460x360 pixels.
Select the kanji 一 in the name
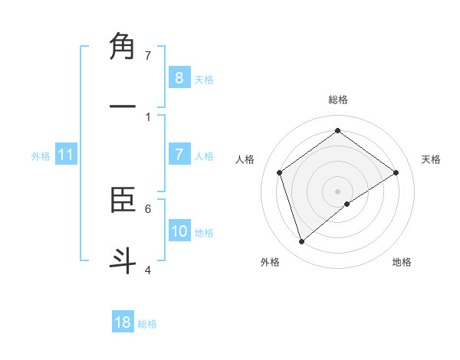(123, 107)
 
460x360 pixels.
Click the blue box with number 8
(179, 77)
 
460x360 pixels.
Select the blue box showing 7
(179, 155)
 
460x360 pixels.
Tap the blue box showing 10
(179, 231)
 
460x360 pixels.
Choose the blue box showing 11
(65, 155)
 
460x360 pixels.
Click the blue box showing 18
(123, 322)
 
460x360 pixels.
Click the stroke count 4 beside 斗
(148, 270)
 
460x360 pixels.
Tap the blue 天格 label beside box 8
(203, 79)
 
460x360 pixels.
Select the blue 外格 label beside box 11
(41, 155)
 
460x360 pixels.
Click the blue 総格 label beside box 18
(147, 323)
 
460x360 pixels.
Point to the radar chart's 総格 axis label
(338, 100)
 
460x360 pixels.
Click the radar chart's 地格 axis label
(402, 262)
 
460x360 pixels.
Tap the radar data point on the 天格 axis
(396, 172)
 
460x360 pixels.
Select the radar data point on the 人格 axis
(280, 172)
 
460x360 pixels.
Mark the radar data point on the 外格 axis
(301, 242)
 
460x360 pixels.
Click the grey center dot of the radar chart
(338, 191)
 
